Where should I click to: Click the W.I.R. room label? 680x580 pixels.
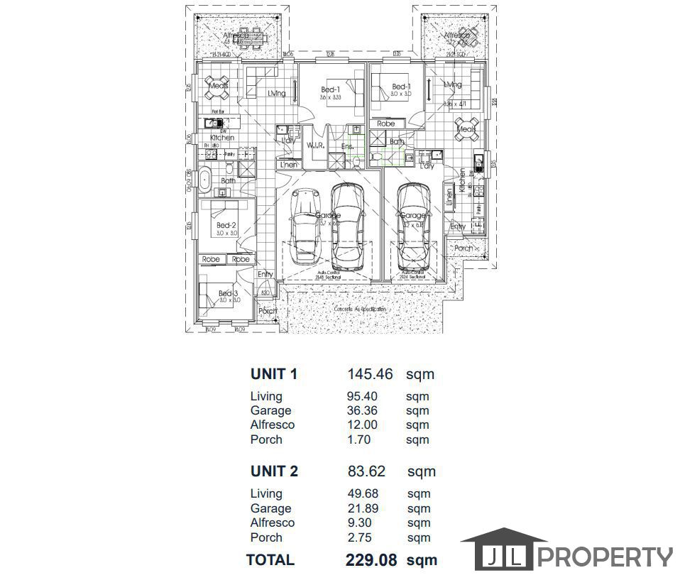click(315, 146)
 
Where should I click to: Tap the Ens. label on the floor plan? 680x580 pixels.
click(347, 146)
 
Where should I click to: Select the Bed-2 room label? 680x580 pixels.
click(227, 225)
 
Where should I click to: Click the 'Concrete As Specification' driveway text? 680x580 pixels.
click(360, 310)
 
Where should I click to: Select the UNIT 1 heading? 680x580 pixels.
click(274, 374)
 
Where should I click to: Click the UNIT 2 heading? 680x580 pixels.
click(274, 471)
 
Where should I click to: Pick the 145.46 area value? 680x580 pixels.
click(370, 374)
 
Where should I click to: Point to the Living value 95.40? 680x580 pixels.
click(362, 396)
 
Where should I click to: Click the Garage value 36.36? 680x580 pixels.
click(362, 410)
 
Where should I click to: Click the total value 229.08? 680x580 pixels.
click(371, 559)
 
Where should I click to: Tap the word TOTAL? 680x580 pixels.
click(270, 559)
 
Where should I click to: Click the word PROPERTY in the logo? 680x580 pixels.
click(605, 557)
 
